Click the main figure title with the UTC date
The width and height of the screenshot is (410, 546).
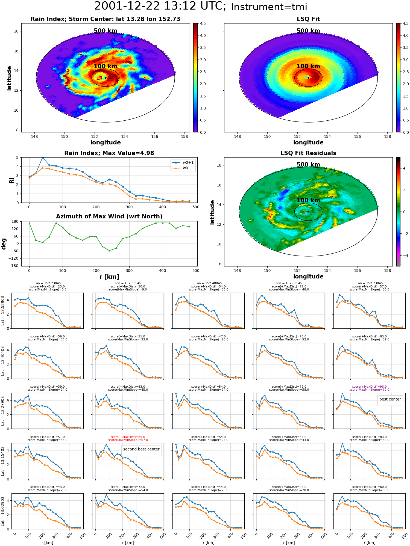201,6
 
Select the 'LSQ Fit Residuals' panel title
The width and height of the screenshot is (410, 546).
308,153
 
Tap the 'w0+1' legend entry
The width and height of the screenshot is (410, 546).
183,163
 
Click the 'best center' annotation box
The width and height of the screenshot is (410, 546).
390,399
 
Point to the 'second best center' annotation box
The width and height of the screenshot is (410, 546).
141,449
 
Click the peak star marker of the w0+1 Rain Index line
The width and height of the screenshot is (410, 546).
43,158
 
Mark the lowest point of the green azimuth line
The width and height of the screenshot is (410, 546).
109,251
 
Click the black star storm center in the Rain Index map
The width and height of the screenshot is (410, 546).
106,78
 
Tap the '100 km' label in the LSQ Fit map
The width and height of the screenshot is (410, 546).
308,66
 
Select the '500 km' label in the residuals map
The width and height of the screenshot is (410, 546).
308,165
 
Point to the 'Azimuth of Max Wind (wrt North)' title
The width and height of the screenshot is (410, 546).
109,216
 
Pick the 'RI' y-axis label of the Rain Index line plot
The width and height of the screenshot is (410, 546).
11,180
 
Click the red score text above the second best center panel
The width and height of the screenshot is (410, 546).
128,438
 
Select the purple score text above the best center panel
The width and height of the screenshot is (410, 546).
370,388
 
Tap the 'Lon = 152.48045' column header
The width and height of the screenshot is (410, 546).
209,283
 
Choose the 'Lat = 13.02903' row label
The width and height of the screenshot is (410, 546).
3,511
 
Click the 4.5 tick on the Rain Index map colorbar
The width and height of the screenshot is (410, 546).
203,23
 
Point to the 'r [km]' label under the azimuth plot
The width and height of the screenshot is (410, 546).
109,277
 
